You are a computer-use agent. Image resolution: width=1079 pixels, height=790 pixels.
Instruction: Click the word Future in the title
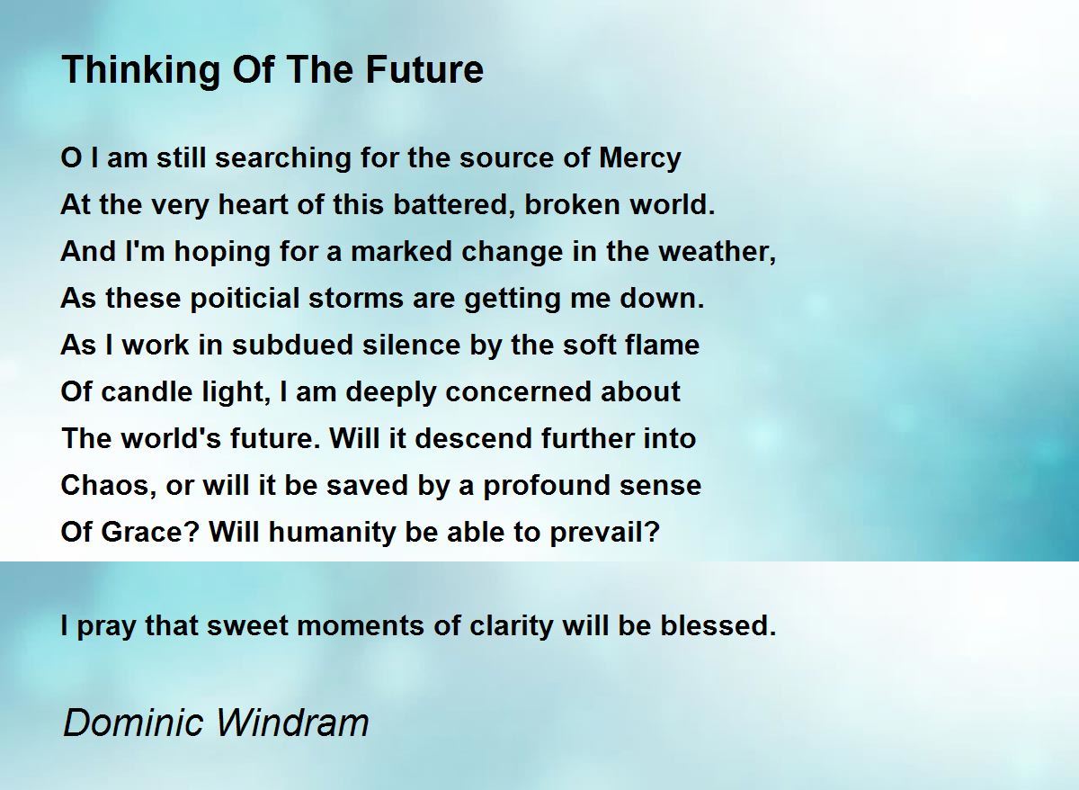tap(424, 70)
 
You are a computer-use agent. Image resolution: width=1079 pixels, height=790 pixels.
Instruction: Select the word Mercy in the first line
tap(640, 159)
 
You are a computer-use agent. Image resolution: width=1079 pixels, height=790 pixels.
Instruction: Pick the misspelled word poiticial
tap(245, 300)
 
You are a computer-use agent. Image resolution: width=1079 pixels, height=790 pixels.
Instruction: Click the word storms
tap(356, 299)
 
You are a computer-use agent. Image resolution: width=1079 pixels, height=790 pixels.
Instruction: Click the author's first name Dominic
tap(133, 723)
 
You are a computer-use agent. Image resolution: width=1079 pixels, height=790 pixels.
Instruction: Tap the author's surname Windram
tap(292, 723)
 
